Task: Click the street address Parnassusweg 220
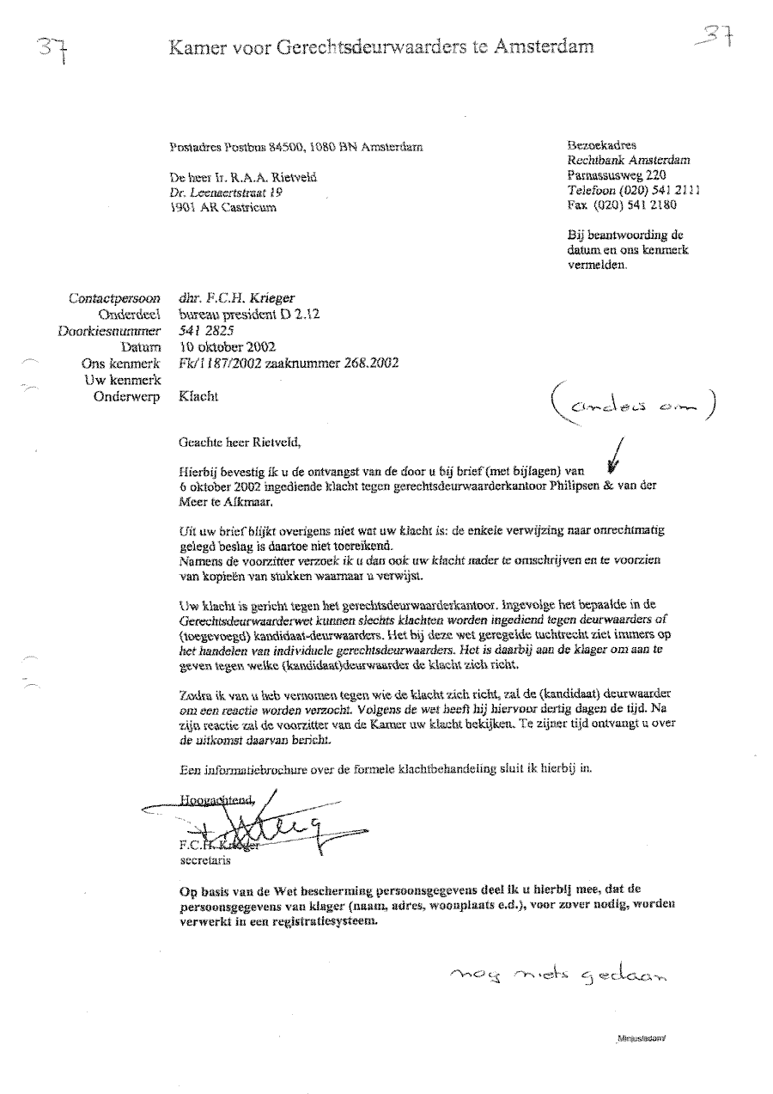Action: [612, 174]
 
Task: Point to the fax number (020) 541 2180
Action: [634, 205]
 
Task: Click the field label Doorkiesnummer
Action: [109, 331]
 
